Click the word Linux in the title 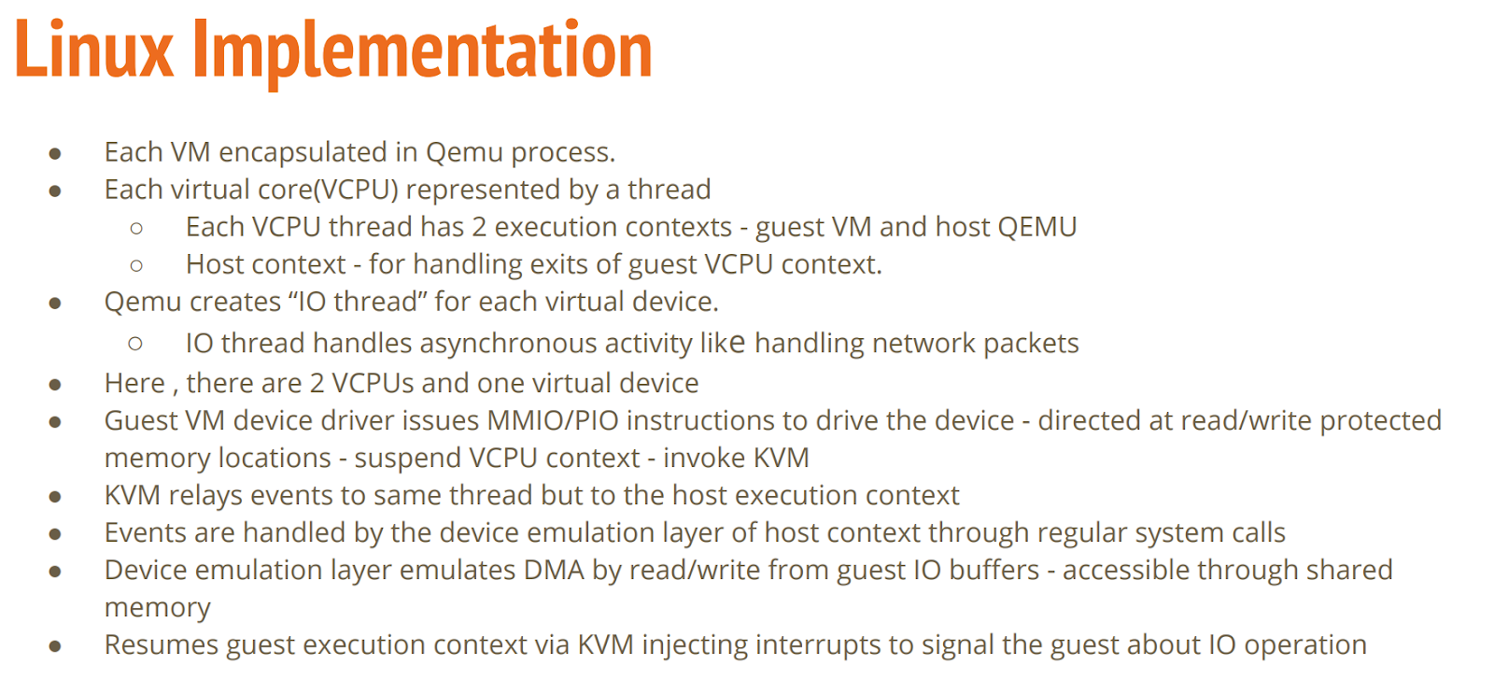pos(94,50)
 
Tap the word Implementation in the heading pos(423,52)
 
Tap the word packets pos(1031,344)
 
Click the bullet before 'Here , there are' pos(55,384)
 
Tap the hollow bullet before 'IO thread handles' pos(135,344)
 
